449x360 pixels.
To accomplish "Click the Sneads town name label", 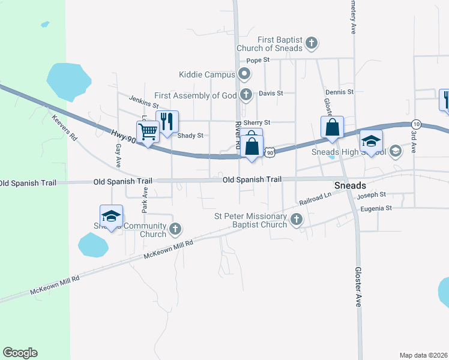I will click(350, 185).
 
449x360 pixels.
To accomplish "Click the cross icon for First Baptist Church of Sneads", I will click(311, 43).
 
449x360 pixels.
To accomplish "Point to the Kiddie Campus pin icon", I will click(244, 75).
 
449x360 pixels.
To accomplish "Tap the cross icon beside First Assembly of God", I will click(246, 95).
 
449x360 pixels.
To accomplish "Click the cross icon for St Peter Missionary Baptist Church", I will click(296, 220).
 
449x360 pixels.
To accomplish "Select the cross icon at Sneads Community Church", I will click(175, 229).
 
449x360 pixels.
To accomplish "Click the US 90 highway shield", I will click(271, 153).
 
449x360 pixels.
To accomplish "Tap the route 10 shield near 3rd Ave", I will click(417, 124).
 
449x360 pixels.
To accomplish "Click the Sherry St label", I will click(259, 122).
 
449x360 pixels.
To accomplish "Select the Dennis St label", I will click(340, 92).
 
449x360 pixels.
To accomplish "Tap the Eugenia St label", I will click(376, 208).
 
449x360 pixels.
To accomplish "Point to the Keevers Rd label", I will click(65, 128).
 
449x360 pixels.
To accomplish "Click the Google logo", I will click(20, 353).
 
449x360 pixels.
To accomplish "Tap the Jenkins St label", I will click(142, 99).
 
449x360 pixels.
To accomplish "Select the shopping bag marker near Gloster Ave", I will click(332, 128).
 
